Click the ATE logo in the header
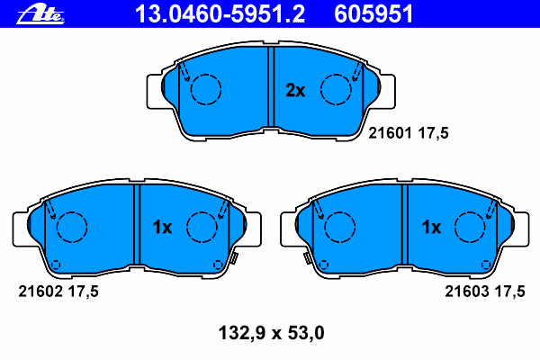[x=40, y=14]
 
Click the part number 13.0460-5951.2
[x=220, y=14]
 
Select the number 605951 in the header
[x=373, y=14]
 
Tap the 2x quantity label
[x=295, y=90]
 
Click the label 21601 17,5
[x=409, y=133]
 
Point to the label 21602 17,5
[x=58, y=292]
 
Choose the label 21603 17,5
[x=485, y=292]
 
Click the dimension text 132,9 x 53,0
[x=272, y=333]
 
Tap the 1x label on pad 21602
[x=162, y=227]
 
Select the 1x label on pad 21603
[x=431, y=227]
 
